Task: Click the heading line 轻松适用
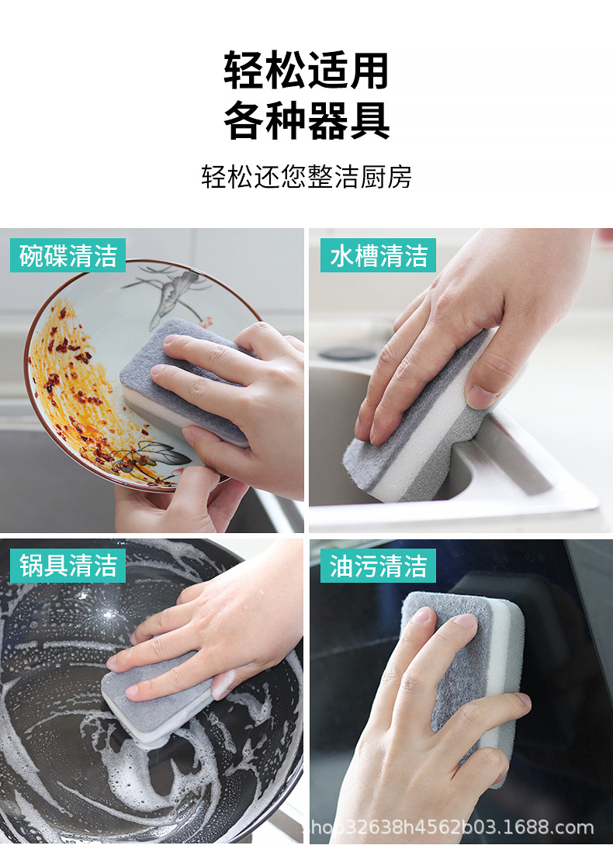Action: click(306, 71)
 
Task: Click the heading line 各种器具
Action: click(306, 121)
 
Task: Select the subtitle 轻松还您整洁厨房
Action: click(306, 177)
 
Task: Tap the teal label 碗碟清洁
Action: click(68, 255)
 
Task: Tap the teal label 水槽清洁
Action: click(378, 255)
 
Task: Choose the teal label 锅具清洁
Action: click(68, 566)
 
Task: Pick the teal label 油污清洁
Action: click(378, 566)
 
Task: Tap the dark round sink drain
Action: click(347, 353)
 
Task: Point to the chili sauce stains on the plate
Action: click(74, 388)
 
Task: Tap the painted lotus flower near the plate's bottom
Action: click(155, 458)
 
